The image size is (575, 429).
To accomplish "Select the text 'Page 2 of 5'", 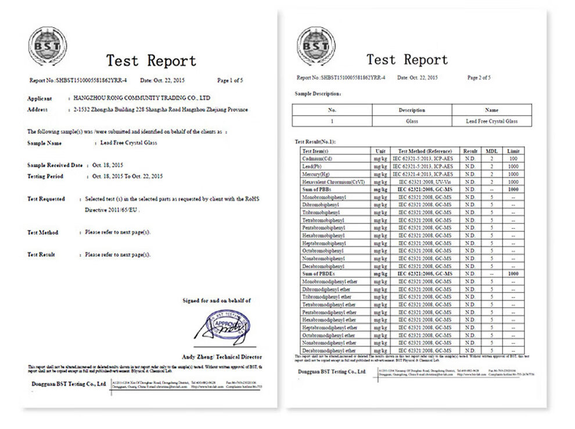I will pos(479,77).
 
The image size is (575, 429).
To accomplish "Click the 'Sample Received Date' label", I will pos(55,165).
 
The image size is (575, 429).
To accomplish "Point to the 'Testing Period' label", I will pos(45,176).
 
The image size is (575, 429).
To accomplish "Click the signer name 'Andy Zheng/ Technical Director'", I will pos(222,356).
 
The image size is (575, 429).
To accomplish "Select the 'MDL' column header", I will pos(491,151).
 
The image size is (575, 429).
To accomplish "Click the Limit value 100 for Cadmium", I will pos(513,158).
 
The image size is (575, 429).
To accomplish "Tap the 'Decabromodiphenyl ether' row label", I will pos(329,350).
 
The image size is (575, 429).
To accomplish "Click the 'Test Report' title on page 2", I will pos(407,59).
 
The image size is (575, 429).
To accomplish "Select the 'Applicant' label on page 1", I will pos(39,99).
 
